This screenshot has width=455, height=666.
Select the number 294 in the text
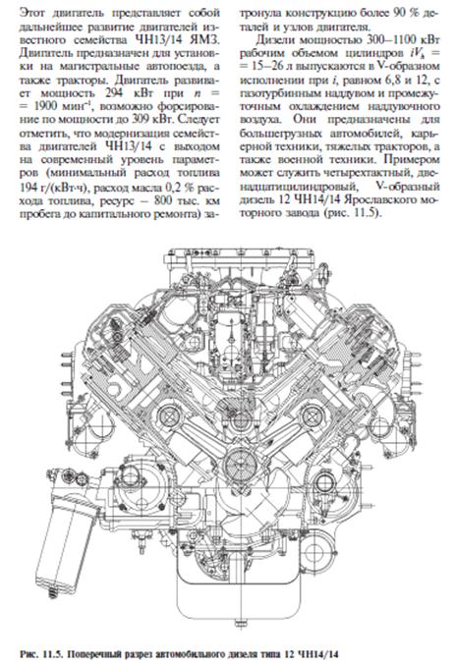point(116,93)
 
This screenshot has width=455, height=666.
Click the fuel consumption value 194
point(28,187)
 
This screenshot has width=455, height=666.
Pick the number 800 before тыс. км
point(163,199)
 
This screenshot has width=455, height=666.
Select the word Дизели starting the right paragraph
point(272,40)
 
